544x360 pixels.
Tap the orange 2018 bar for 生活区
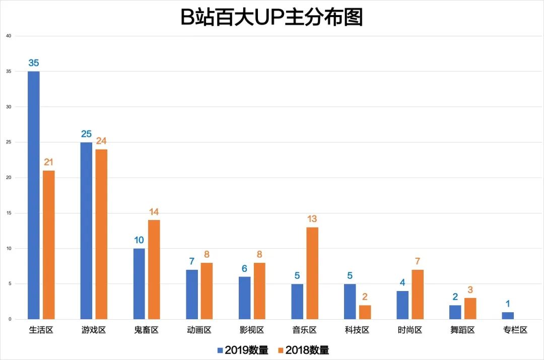(x=49, y=245)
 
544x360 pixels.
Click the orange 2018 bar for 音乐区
(x=312, y=273)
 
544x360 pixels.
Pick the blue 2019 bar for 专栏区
(x=508, y=316)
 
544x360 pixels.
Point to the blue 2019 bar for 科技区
(x=350, y=302)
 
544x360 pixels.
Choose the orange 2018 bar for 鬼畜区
(x=154, y=269)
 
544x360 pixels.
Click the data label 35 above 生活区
(x=34, y=63)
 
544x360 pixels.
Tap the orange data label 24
(x=101, y=141)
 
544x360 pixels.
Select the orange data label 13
(x=312, y=219)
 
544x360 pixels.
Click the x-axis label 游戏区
(x=93, y=331)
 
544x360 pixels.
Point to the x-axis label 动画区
(x=198, y=331)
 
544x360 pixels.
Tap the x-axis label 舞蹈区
(x=462, y=331)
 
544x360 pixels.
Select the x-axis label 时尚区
(x=410, y=331)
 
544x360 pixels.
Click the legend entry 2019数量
(x=243, y=350)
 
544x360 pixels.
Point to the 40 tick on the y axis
(x=9, y=36)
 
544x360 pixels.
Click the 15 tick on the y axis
(x=9, y=213)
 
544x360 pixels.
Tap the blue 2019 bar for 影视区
(x=244, y=298)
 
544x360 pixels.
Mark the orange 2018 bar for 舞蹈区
(x=470, y=309)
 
